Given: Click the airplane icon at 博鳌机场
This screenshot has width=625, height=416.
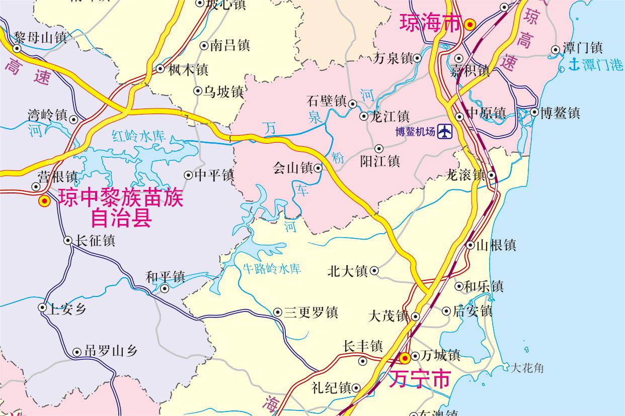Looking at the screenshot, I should (x=445, y=132).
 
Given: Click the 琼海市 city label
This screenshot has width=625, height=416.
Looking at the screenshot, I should (x=430, y=23).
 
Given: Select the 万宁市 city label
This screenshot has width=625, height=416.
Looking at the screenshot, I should (x=419, y=379).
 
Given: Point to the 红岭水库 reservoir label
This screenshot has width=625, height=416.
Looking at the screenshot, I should (x=139, y=136).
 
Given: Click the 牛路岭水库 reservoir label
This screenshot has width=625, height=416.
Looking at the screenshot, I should (x=272, y=268).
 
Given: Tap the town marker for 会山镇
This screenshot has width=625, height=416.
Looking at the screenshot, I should (x=318, y=168).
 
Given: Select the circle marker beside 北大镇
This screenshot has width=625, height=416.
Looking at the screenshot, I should (x=374, y=271).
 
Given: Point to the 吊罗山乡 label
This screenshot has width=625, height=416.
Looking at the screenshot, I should (x=111, y=352).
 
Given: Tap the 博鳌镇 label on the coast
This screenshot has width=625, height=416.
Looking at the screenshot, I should (x=560, y=113).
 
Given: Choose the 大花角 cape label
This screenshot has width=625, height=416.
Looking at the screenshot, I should (x=527, y=368).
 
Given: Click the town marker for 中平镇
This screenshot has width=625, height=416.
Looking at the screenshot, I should (x=188, y=175).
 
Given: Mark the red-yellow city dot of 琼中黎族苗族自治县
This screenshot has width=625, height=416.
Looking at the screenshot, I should (x=44, y=201).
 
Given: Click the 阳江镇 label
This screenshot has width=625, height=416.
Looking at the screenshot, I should (x=380, y=161).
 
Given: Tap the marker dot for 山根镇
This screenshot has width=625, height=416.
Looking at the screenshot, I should (x=470, y=246).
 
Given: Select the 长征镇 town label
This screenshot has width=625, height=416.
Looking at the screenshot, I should (x=95, y=241).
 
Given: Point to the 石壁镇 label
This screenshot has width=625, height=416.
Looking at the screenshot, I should (x=326, y=101).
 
